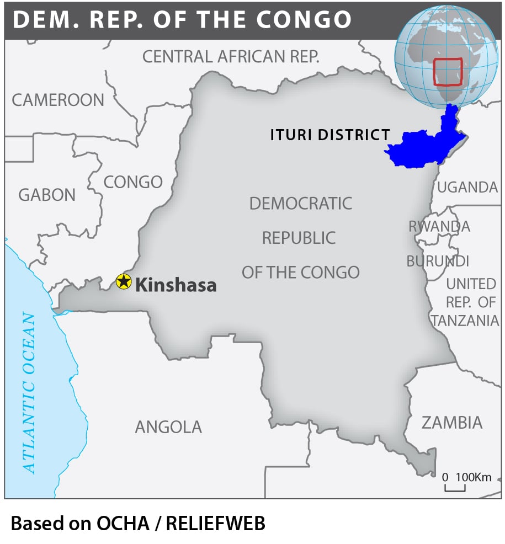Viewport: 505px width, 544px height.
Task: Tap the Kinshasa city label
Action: pyautogui.click(x=176, y=285)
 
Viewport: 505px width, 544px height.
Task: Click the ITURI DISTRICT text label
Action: pyautogui.click(x=330, y=135)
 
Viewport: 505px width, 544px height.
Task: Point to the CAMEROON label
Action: pyautogui.click(x=58, y=100)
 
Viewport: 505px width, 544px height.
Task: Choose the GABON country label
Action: pyautogui.click(x=47, y=195)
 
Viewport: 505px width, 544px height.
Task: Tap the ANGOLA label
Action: pyautogui.click(x=168, y=426)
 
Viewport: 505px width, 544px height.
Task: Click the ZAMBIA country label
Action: pyautogui.click(x=452, y=423)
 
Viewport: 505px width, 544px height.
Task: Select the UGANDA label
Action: pyautogui.click(x=467, y=188)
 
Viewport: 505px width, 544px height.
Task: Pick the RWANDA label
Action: pyautogui.click(x=439, y=226)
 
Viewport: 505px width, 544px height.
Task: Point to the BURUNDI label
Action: pyautogui.click(x=438, y=260)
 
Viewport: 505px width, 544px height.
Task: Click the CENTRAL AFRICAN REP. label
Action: pyautogui.click(x=231, y=56)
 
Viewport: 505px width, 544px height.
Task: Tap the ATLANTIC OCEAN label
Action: pyautogui.click(x=29, y=393)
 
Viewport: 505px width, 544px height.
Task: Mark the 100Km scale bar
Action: pyautogui.click(x=455, y=487)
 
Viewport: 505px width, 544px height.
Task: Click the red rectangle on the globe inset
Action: pyautogui.click(x=448, y=72)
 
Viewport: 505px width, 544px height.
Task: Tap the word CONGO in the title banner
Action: pyautogui.click(x=304, y=20)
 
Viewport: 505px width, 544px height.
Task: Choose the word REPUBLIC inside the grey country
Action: pyautogui.click(x=299, y=238)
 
